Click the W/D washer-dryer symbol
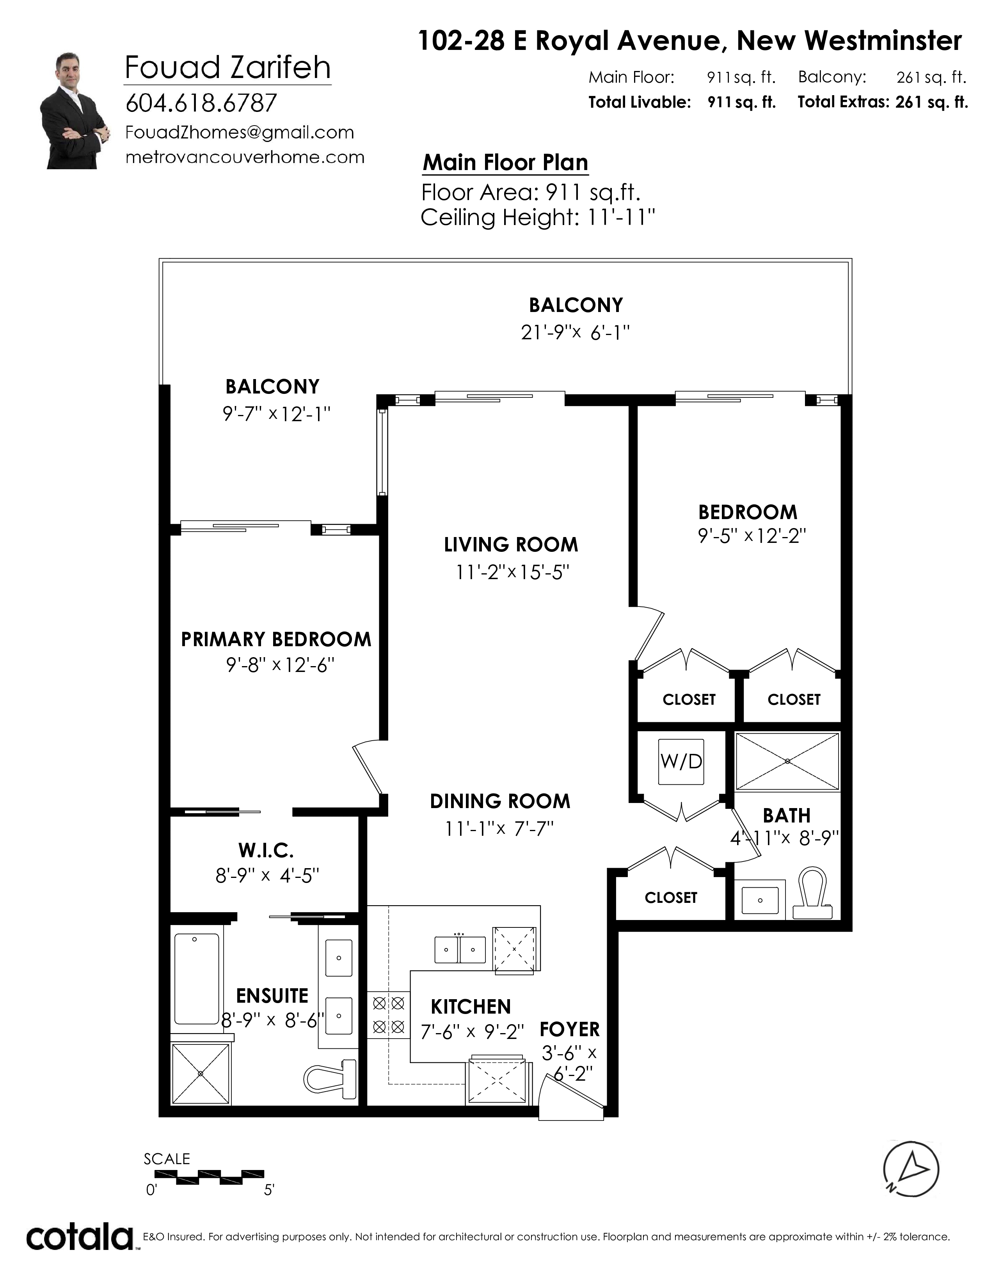[681, 762]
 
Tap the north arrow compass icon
[911, 1169]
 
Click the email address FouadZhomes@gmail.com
[239, 133]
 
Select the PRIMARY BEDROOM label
[276, 639]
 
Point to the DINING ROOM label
[500, 801]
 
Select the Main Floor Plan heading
[506, 163]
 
